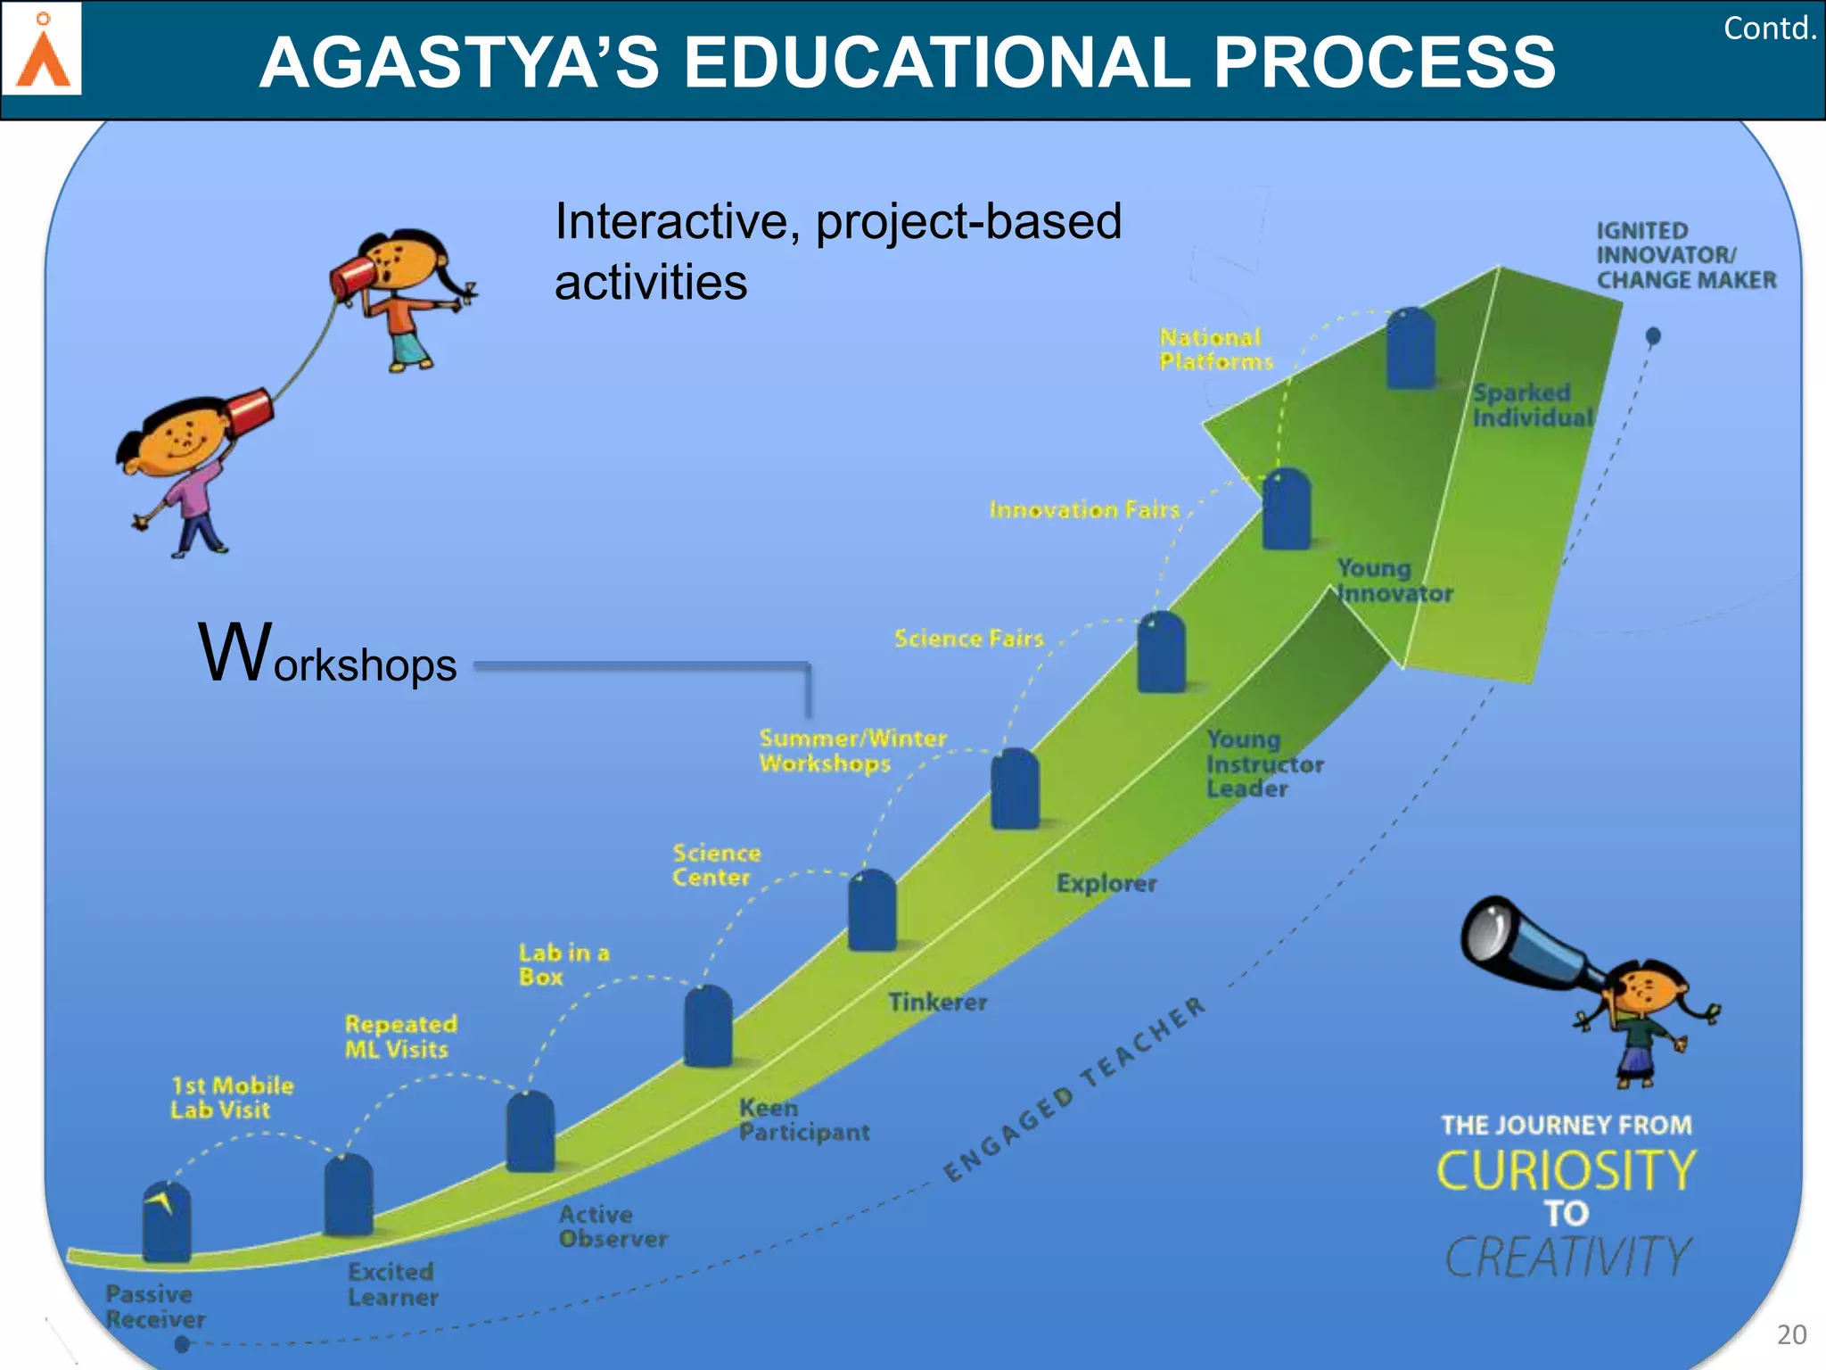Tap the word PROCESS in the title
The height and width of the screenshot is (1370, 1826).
[1383, 62]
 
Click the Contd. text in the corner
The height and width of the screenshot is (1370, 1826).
[1769, 29]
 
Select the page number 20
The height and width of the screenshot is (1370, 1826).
[1791, 1334]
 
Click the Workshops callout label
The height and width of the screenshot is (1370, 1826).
[327, 656]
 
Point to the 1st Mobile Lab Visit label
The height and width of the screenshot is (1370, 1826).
[231, 1098]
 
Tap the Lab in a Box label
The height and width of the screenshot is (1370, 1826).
[563, 965]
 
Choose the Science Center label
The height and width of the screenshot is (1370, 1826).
[716, 865]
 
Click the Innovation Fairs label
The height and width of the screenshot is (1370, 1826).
[1084, 510]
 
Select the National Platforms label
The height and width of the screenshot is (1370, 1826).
[1215, 350]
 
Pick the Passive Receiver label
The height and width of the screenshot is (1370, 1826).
[154, 1307]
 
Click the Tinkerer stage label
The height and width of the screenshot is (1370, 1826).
[937, 1003]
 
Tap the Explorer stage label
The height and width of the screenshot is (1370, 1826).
[1106, 883]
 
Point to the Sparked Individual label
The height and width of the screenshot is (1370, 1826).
[1531, 406]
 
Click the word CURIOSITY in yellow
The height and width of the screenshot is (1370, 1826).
[1566, 1170]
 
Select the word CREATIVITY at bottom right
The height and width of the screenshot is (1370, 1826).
[1567, 1258]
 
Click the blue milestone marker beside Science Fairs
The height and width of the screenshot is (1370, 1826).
[1161, 652]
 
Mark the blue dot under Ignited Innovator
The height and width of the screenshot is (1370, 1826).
[1653, 336]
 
